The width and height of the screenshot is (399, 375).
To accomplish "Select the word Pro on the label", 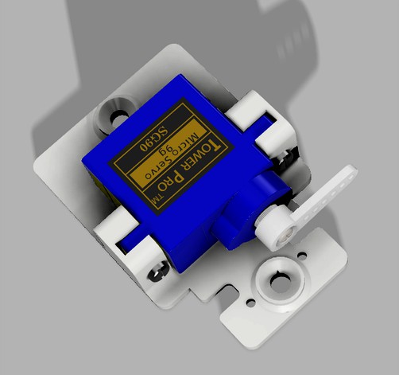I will click(181, 177).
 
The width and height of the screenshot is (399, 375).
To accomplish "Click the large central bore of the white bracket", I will click(280, 279).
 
